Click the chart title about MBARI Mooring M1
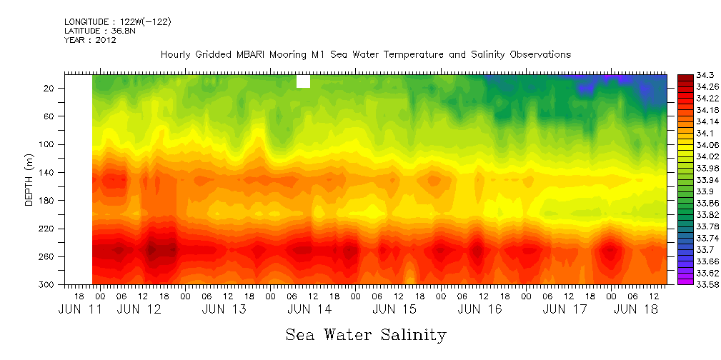click(x=365, y=54)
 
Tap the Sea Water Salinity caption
click(x=366, y=334)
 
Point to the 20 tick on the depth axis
click(x=49, y=89)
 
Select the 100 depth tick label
click(x=47, y=144)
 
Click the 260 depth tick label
click(x=47, y=256)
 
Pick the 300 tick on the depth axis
click(x=47, y=284)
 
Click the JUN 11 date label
click(x=79, y=309)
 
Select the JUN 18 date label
click(x=636, y=309)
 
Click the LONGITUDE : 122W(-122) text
click(x=117, y=22)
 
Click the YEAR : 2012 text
click(x=90, y=40)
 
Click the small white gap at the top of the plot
click(x=303, y=81)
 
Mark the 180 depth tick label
click(x=47, y=201)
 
